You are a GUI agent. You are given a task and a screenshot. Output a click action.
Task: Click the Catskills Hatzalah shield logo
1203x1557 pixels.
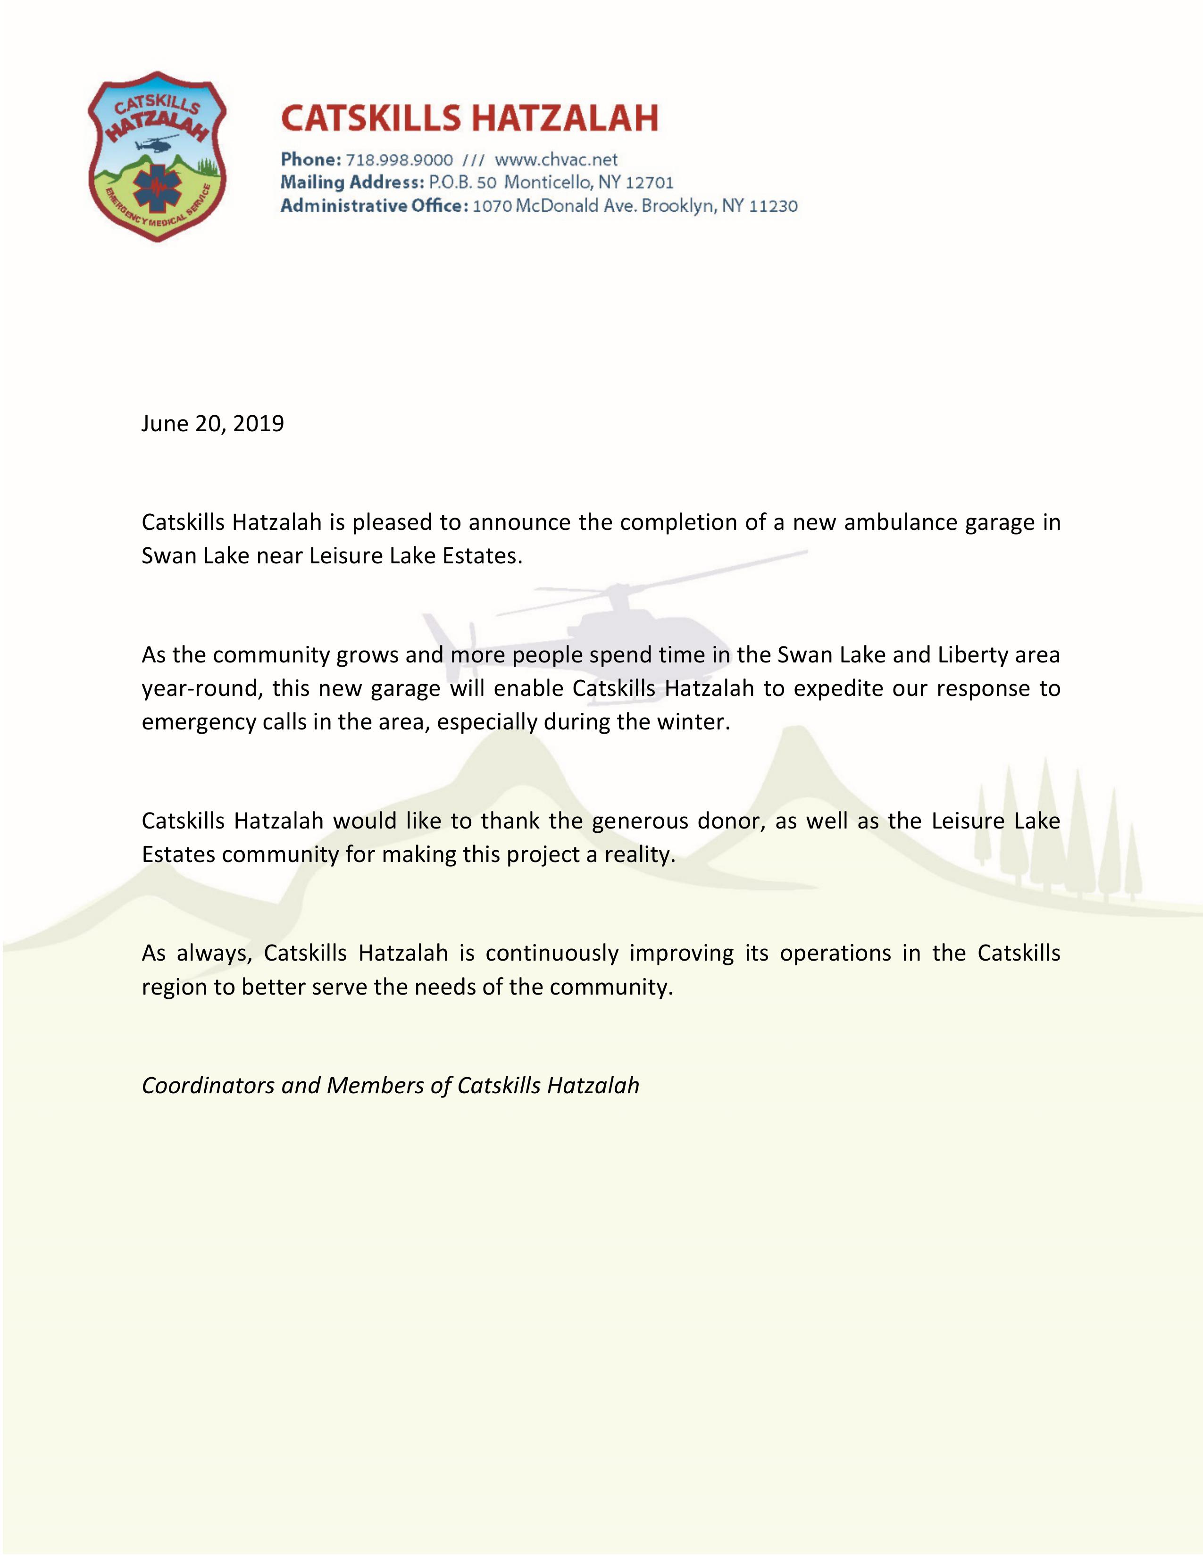pos(157,156)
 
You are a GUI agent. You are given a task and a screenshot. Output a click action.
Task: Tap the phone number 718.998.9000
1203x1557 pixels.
pos(399,159)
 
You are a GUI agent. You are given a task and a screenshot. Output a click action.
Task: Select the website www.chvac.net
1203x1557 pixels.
pos(556,159)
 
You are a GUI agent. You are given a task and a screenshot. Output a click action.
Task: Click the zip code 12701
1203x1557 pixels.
pos(649,183)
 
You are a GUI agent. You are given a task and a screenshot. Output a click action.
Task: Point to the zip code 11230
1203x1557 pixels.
pos(773,207)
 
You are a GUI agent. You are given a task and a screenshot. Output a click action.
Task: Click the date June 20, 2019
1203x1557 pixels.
pos(212,424)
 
